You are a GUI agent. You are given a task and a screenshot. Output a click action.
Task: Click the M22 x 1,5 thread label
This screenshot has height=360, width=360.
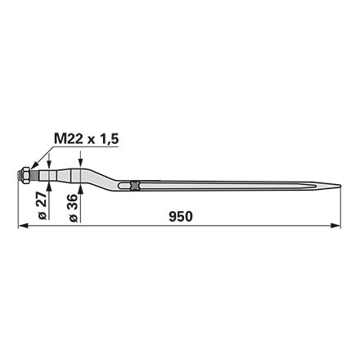86,139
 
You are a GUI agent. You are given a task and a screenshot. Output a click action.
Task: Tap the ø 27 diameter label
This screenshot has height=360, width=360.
43,205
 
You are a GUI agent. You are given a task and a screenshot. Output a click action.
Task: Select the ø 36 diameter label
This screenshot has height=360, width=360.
74,208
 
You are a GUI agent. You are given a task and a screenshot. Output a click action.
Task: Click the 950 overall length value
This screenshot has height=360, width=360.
181,217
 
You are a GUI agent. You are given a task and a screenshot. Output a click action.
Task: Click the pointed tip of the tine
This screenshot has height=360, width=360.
340,186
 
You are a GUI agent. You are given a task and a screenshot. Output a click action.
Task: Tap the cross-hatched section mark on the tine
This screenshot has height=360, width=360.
135,186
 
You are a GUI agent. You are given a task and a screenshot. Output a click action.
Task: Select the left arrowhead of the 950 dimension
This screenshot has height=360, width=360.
23,226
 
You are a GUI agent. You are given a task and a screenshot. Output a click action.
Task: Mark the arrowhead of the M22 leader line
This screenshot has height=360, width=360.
34,166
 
